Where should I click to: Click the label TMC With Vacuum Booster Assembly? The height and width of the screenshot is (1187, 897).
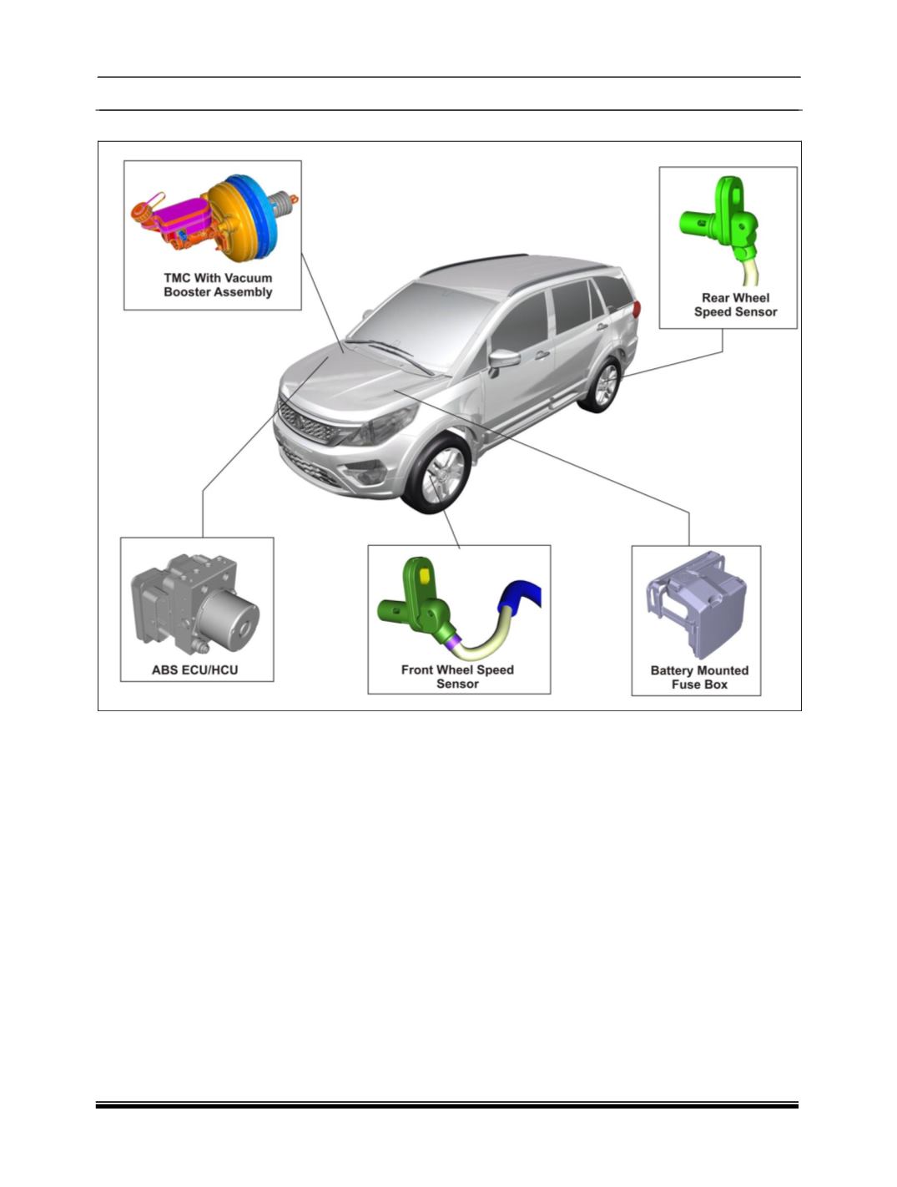tap(218, 285)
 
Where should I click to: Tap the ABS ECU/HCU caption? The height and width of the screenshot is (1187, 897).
tap(195, 670)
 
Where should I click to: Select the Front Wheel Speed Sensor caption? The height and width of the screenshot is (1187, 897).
tap(458, 676)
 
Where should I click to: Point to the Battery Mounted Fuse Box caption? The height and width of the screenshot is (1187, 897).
tap(699, 678)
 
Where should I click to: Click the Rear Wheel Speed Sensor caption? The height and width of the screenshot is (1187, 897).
tap(735, 305)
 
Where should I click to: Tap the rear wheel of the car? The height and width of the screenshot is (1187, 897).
tap(602, 385)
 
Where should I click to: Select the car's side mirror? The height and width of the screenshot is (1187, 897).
tap(503, 360)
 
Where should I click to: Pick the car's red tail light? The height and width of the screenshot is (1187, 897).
tap(637, 310)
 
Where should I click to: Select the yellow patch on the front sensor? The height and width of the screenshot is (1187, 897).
tap(424, 575)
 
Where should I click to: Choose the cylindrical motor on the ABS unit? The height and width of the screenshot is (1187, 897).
tap(229, 619)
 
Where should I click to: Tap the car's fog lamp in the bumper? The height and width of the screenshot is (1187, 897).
tap(367, 475)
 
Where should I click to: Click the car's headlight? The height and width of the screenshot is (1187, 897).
tap(384, 425)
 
